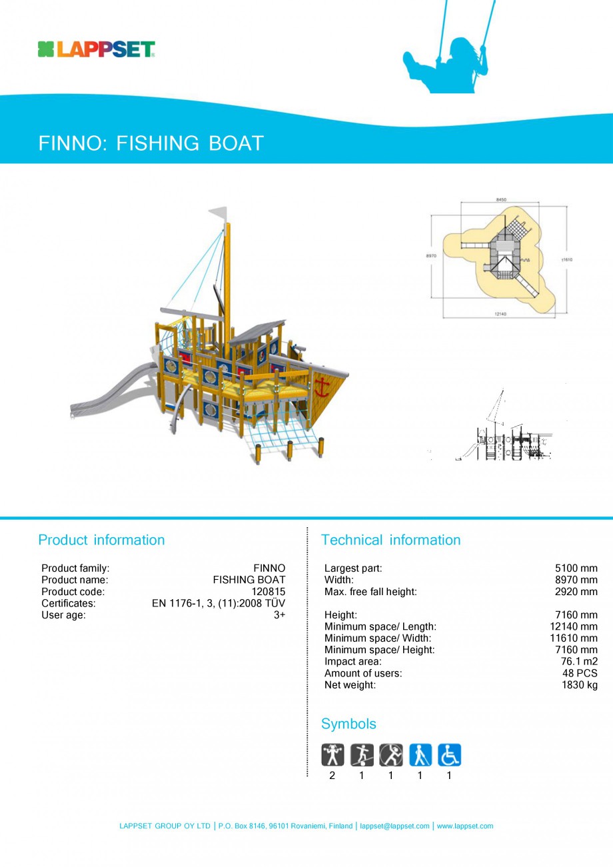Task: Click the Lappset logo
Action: (97, 49)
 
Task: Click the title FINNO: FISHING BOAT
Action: (151, 143)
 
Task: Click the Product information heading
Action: (101, 540)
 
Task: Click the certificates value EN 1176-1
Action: (218, 604)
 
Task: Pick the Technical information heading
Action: (390, 540)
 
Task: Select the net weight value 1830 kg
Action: (579, 685)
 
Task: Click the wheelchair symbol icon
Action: (449, 755)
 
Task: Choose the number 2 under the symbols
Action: (332, 776)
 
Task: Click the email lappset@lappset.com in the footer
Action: (394, 826)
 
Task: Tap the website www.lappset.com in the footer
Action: (465, 826)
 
